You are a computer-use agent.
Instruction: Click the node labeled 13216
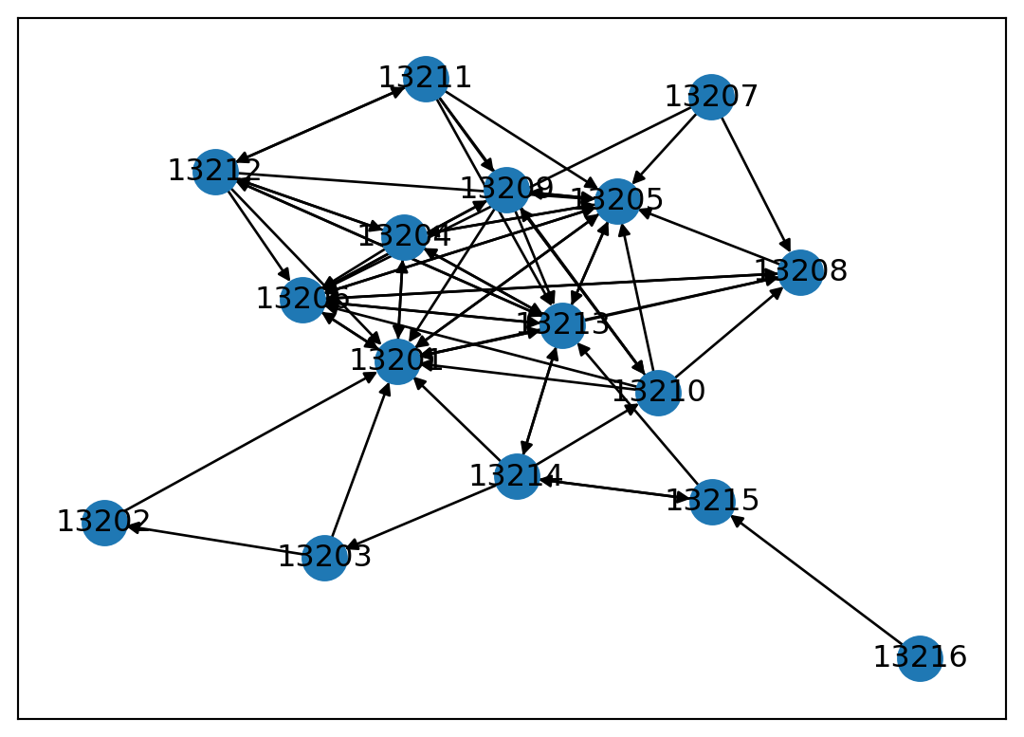(x=920, y=658)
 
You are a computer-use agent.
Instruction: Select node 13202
(x=104, y=523)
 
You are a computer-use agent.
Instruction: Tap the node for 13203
(x=324, y=558)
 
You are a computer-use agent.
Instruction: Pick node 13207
(x=711, y=97)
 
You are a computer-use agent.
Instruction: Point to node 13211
(x=426, y=78)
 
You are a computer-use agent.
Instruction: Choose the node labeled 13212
(x=216, y=172)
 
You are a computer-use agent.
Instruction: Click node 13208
(x=800, y=272)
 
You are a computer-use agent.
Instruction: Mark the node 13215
(x=712, y=501)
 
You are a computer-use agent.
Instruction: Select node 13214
(x=517, y=476)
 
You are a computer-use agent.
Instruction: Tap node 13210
(x=658, y=393)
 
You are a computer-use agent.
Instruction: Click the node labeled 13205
(x=617, y=201)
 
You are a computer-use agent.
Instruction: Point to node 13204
(x=404, y=237)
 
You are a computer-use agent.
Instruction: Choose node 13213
(x=563, y=325)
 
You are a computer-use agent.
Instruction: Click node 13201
(x=397, y=361)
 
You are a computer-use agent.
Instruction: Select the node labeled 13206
(x=302, y=300)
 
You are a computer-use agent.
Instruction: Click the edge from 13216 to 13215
(x=816, y=580)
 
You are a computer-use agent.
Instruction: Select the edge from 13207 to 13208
(x=756, y=184)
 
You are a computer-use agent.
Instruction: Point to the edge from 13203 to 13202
(x=214, y=540)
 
